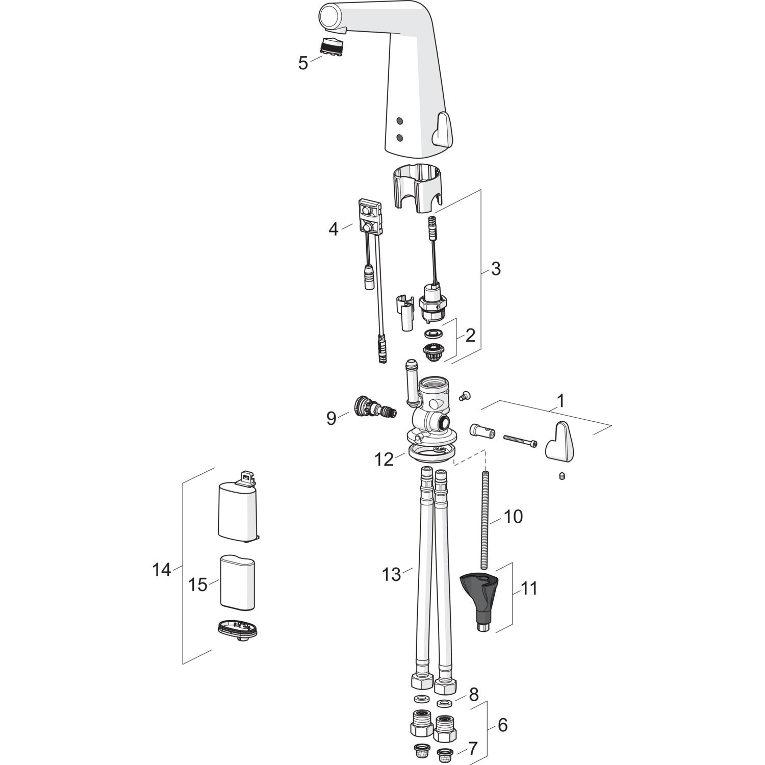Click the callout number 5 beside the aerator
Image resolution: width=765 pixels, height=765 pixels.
coord(303,63)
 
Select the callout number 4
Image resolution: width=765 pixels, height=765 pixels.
coord(333,229)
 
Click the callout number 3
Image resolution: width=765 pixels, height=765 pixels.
coord(495,269)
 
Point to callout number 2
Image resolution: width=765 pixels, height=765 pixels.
coord(470,335)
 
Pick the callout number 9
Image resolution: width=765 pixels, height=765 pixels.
coord(331,418)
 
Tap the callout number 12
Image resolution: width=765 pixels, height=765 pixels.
coord(384,460)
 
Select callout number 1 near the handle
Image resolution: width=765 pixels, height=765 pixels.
coord(560,401)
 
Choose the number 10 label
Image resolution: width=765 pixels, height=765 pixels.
coord(513,517)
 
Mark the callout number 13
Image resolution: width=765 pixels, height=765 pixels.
coord(392,575)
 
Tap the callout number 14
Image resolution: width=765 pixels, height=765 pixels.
coord(162,569)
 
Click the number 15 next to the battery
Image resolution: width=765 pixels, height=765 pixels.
coord(198,584)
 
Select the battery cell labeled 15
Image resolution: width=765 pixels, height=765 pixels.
coord(238,581)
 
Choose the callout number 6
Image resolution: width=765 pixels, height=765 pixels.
coord(502,725)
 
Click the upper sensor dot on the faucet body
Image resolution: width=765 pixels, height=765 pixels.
coord(399,121)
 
